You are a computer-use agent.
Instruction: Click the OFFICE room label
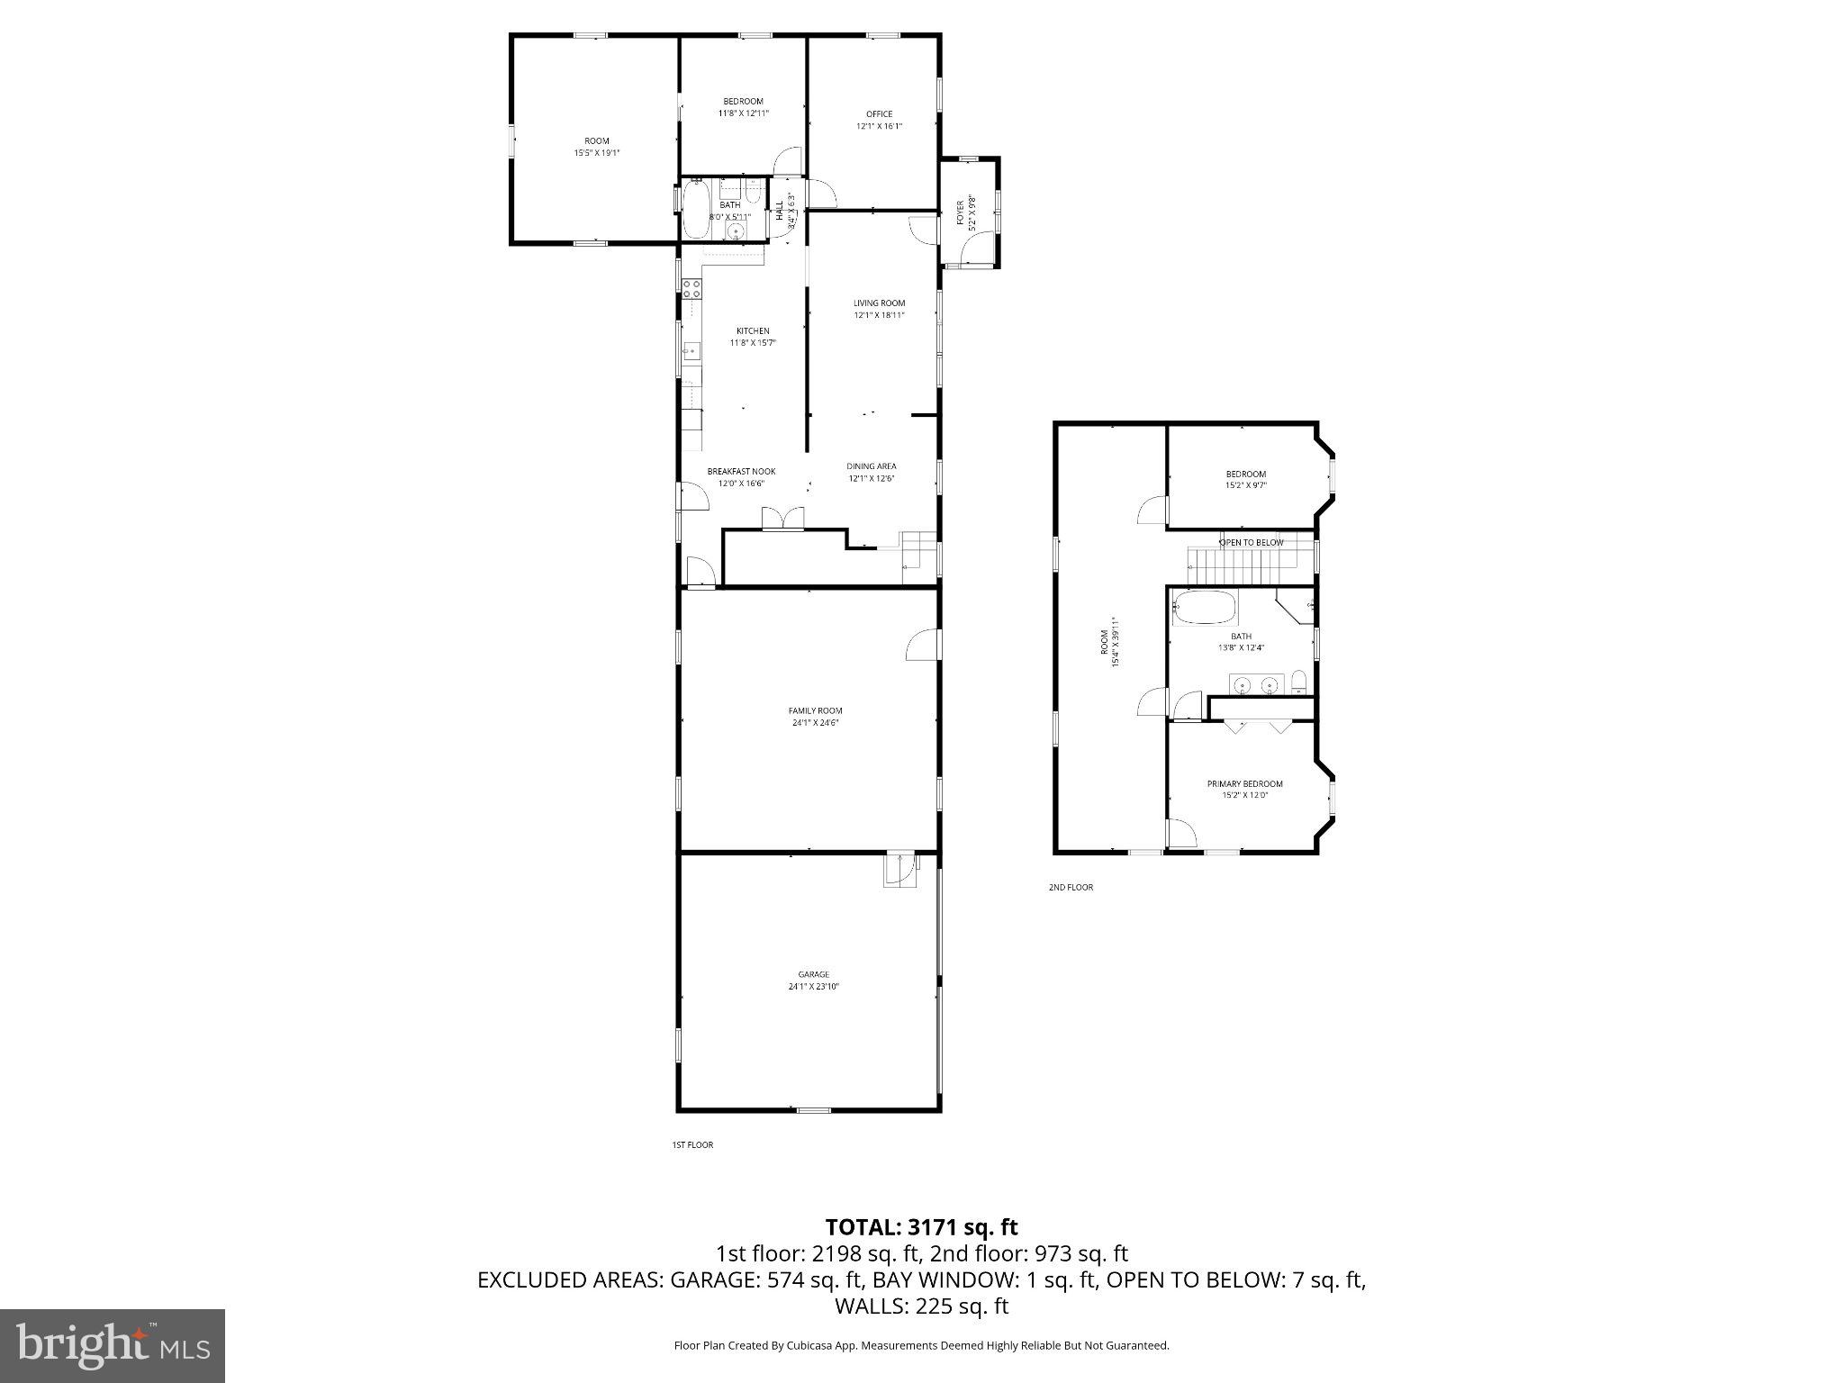pos(879,114)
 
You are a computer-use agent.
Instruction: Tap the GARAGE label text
pos(813,974)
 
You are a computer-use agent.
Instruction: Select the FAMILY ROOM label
pos(815,710)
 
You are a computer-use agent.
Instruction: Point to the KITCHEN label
pos(753,330)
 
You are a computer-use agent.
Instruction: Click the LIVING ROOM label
pos(879,303)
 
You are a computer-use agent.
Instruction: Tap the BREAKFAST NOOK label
pos(741,472)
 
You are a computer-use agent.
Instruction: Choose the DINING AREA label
pos(871,466)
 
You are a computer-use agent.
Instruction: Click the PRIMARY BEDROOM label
pos(1244,783)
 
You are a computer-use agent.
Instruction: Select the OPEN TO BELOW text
pos(1251,543)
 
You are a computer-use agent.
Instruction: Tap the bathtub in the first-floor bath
pos(696,210)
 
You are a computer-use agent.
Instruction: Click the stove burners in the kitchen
pos(691,289)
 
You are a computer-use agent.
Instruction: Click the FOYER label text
pos(960,212)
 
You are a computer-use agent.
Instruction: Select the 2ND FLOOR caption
pos(1071,887)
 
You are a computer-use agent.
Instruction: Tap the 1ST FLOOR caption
pos(692,1144)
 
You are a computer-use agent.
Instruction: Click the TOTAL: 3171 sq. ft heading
pos(921,1226)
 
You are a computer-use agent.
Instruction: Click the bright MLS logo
pos(113,1345)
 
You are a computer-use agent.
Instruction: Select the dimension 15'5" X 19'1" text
pos(597,153)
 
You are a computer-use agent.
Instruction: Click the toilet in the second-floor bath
pos(1299,682)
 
